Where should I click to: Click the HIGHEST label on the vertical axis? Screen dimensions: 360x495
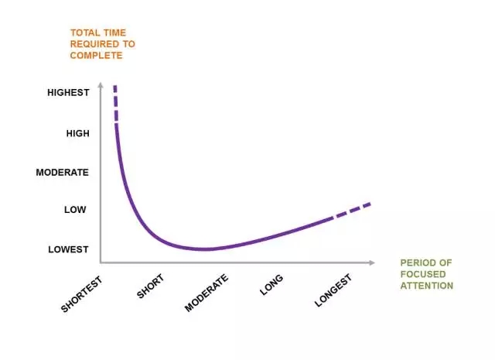coord(68,93)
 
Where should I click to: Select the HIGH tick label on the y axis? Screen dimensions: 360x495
coord(77,133)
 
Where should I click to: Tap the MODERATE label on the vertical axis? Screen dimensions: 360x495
coord(62,172)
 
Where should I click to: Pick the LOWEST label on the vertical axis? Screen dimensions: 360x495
coord(68,249)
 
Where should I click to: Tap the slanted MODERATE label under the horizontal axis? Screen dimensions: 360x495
coord(206,293)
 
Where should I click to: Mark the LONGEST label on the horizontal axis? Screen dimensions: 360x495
coord(333,290)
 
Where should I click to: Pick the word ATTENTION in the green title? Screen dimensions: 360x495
coord(426,286)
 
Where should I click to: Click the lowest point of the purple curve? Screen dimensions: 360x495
coord(204,249)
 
